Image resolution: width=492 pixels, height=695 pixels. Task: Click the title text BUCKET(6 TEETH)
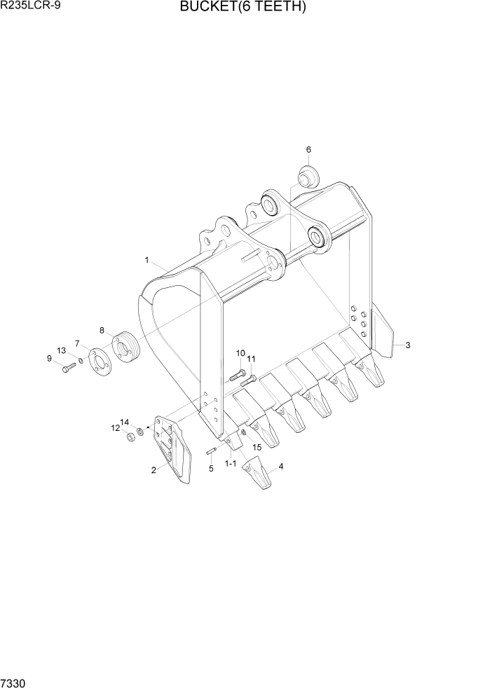coord(243,8)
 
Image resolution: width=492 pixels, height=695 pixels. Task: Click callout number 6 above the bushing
coord(308,149)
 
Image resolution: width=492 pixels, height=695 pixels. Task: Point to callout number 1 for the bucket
coord(147,260)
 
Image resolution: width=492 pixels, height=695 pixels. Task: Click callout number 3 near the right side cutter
coord(408,345)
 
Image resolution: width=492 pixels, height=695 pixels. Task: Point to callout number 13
coord(61,350)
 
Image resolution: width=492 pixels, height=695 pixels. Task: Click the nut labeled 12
coord(130,438)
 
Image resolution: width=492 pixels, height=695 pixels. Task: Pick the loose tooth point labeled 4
coord(257,475)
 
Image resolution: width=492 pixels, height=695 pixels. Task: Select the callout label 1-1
coord(230,464)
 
